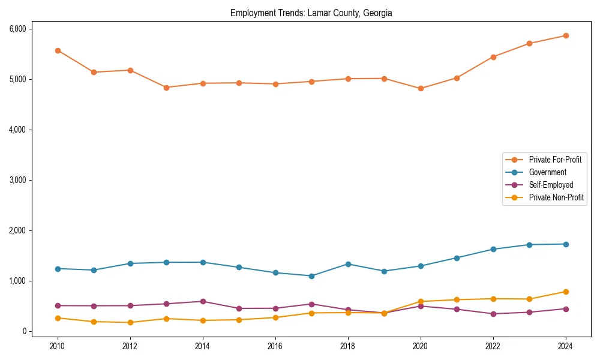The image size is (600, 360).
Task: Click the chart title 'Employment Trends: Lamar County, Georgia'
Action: pos(311,13)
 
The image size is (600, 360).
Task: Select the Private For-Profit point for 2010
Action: pos(58,50)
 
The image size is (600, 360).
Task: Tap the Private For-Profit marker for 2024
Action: pos(566,35)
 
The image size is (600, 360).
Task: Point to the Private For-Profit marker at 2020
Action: pos(421,88)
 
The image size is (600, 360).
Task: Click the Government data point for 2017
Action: pos(311,276)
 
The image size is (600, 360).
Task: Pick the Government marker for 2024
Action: pos(566,244)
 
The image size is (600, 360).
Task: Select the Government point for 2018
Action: pos(348,264)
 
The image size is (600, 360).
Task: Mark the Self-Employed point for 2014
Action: pos(203,301)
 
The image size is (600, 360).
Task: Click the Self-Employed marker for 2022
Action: pos(493,314)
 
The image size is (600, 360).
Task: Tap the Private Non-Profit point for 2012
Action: pos(130,322)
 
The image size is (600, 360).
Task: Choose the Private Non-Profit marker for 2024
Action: pos(566,292)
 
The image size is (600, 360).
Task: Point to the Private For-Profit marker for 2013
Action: pos(166,88)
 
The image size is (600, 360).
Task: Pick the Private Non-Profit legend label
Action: pos(556,197)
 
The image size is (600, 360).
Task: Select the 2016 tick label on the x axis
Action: pos(275,346)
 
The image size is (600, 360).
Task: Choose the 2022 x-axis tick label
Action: pos(493,346)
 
